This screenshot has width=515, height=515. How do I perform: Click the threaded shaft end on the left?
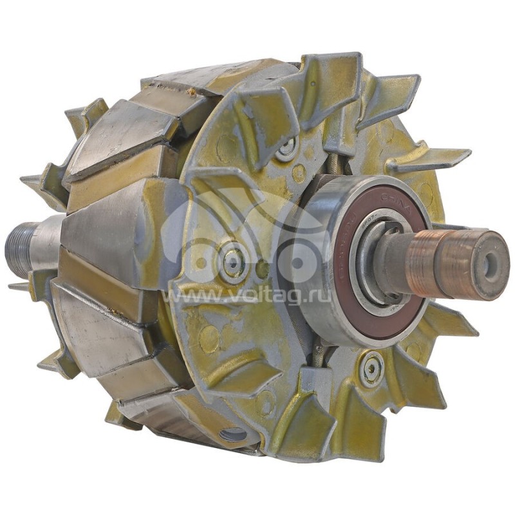[x=19, y=248]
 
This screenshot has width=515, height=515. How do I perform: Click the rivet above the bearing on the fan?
[x=286, y=149]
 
